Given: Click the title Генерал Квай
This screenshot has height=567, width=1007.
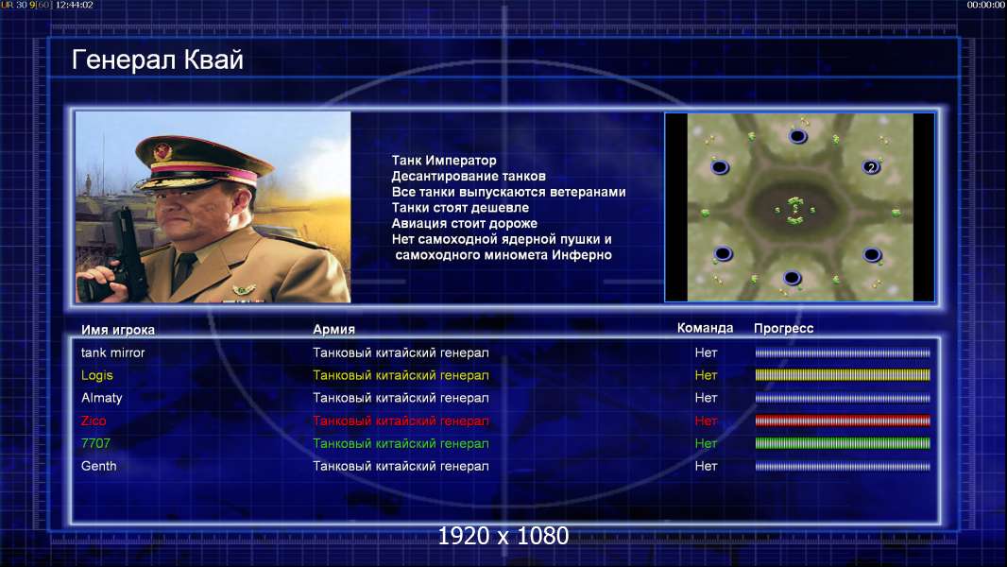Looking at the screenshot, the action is [x=158, y=60].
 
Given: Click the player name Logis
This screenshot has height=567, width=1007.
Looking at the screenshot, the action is [x=97, y=376].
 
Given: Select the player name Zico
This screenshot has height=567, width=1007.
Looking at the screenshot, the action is [x=94, y=421].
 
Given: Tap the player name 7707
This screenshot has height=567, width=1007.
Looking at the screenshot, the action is [x=95, y=443].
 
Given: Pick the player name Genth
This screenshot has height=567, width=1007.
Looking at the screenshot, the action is [x=99, y=466].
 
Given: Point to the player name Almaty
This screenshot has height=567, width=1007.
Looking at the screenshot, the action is [x=101, y=398].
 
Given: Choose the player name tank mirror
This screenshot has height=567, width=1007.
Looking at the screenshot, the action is [x=113, y=352].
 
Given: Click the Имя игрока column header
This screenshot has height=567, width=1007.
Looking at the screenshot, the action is [x=117, y=330].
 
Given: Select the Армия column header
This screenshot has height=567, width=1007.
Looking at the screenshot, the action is [x=334, y=330].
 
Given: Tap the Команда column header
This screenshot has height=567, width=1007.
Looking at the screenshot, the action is [x=705, y=328].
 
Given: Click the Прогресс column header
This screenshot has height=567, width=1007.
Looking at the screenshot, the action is [x=783, y=329].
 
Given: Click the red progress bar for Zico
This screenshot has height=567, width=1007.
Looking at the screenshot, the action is [x=843, y=421].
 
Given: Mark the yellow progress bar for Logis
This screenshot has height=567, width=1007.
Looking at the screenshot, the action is [x=843, y=375].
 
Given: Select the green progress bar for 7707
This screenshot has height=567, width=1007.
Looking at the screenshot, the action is [x=843, y=443].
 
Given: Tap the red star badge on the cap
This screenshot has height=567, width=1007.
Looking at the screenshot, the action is [x=162, y=151].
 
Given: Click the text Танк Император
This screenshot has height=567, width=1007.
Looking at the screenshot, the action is [x=444, y=161].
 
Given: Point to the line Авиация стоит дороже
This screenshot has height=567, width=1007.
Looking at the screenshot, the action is [x=465, y=223].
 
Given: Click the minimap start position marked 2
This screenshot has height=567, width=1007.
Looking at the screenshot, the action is [x=871, y=167].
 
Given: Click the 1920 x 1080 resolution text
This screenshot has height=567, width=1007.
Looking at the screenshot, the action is [x=503, y=536].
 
